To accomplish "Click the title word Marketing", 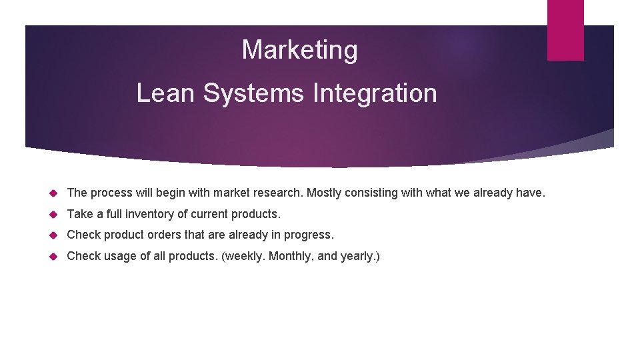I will [299, 50].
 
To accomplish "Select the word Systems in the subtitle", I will [254, 93].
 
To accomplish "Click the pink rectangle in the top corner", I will [565, 30].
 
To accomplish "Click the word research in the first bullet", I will [278, 193].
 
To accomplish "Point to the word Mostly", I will [325, 193].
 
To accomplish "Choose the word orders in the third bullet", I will [167, 235].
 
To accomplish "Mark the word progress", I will [310, 235].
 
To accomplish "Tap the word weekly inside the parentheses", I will [245, 256].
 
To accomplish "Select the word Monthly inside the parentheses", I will [290, 256].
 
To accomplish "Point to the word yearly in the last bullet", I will [357, 256].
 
